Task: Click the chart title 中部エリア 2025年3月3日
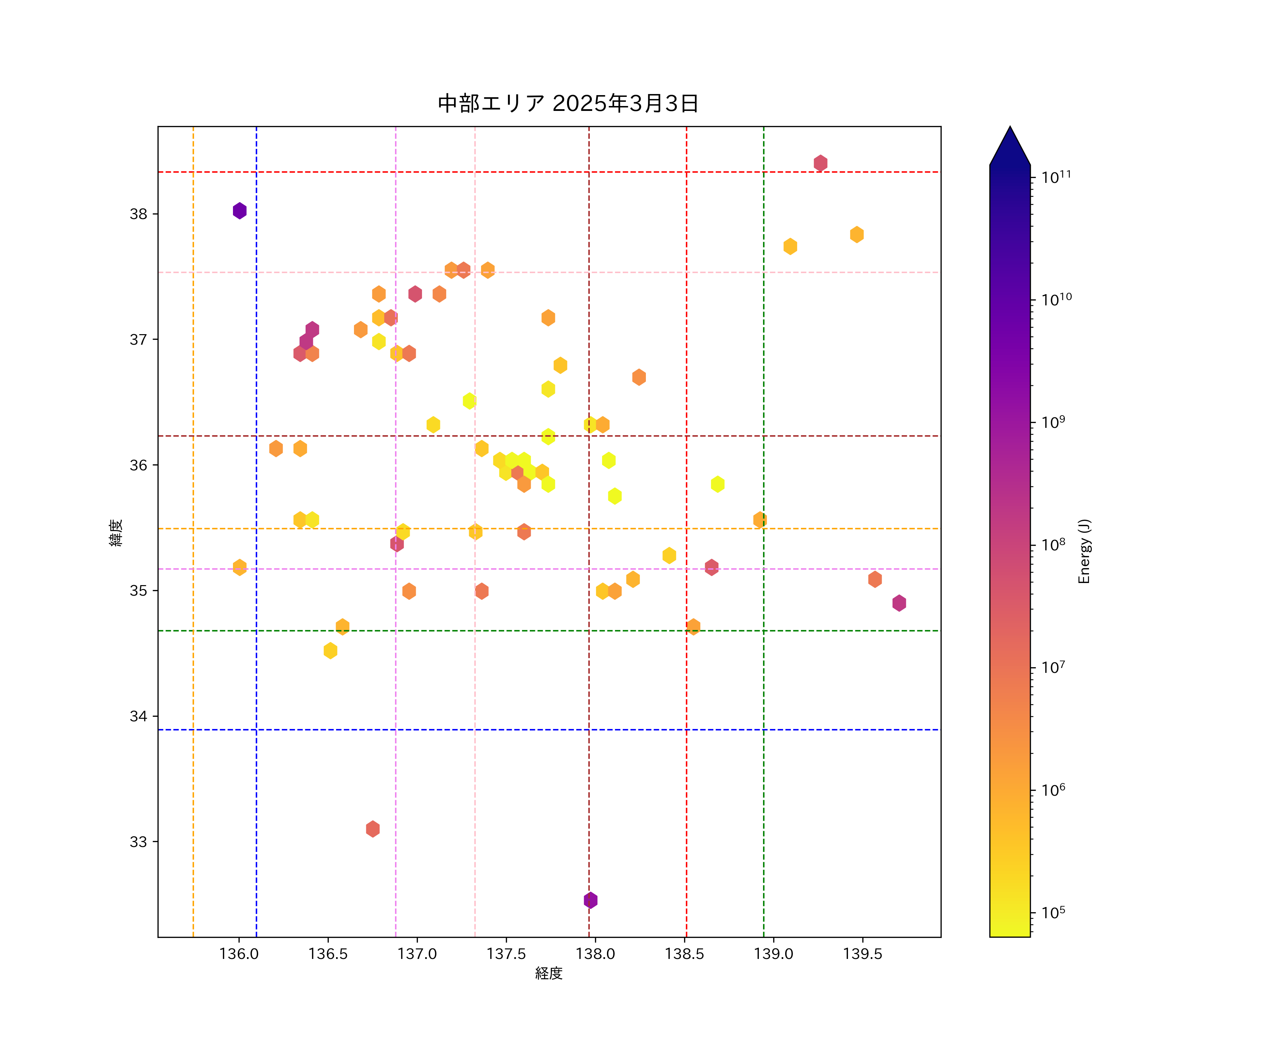pyautogui.click(x=568, y=104)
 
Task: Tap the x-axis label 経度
pyautogui.click(x=548, y=973)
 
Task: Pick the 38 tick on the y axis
pyautogui.click(x=138, y=214)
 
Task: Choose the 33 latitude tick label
pyautogui.click(x=138, y=842)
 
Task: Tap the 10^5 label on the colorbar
pyautogui.click(x=1053, y=912)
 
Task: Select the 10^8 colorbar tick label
pyautogui.click(x=1053, y=544)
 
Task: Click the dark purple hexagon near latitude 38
pyautogui.click(x=239, y=211)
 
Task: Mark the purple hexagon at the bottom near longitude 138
pyautogui.click(x=590, y=900)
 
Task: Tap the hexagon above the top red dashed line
pyautogui.click(x=820, y=163)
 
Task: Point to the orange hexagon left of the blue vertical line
pyautogui.click(x=239, y=567)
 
